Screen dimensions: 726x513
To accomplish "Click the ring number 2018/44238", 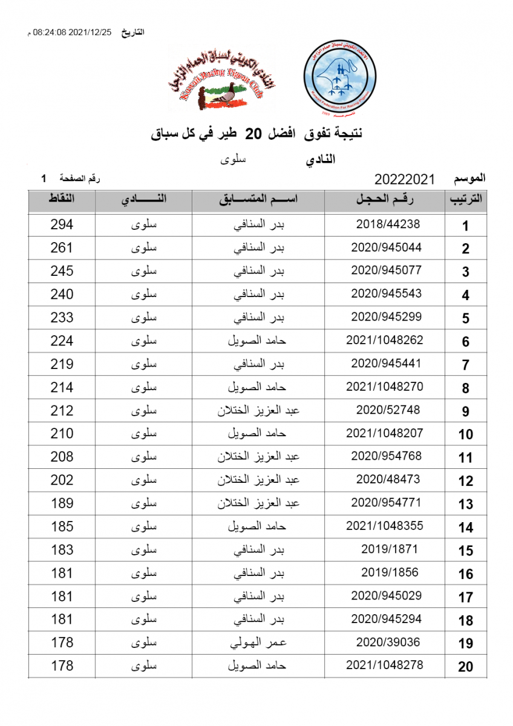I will (x=388, y=224).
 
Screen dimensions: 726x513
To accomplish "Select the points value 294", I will (x=62, y=224).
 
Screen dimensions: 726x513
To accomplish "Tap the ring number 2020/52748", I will (x=388, y=410).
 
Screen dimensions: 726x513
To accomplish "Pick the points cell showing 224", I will (x=62, y=341).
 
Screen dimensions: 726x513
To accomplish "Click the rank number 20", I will (x=465, y=667).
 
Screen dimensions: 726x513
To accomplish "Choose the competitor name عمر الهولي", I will (x=259, y=643).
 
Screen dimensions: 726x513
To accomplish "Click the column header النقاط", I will (x=62, y=199).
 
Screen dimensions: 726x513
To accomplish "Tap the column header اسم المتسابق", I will (x=259, y=200).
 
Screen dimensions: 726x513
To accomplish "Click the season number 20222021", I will (x=405, y=179).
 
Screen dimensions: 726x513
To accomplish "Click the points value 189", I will (x=62, y=503).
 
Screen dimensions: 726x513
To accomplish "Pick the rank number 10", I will (x=465, y=434).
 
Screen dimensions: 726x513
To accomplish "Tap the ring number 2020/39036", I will (x=388, y=643).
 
